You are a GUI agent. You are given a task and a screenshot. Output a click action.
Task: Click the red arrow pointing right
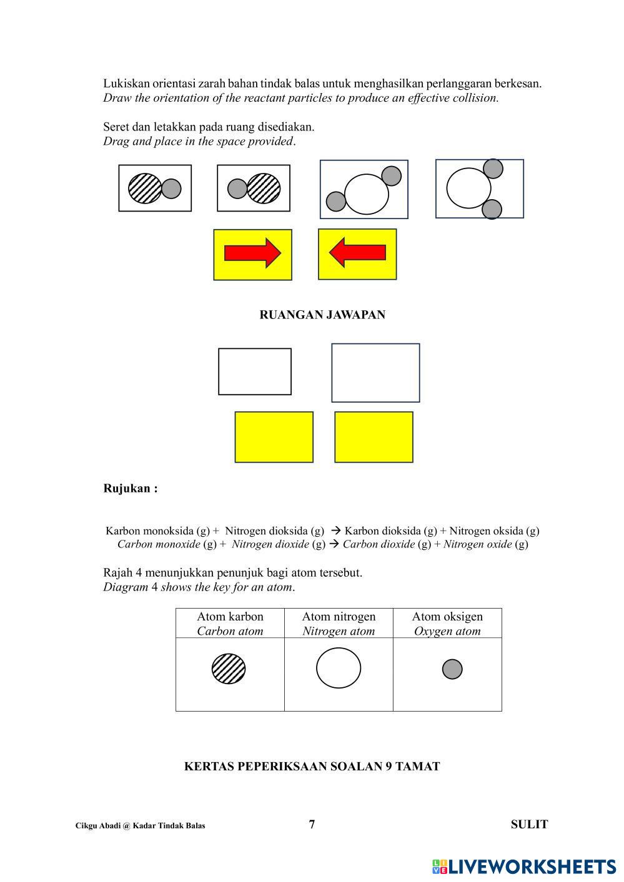click(252, 253)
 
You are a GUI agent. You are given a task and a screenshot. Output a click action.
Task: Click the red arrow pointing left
click(357, 253)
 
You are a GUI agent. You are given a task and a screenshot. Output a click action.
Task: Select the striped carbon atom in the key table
click(229, 669)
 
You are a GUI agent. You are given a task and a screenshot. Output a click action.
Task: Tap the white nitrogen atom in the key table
click(339, 668)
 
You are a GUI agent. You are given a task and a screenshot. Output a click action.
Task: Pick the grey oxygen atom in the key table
click(452, 669)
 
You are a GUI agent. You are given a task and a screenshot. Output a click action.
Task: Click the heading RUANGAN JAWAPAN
click(322, 315)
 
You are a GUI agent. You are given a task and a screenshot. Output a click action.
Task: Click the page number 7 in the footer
click(312, 824)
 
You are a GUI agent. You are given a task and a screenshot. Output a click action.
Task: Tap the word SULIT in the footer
click(529, 824)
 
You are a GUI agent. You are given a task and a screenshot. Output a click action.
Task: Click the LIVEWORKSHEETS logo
click(523, 866)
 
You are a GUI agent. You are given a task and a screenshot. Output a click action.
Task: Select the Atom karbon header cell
click(230, 623)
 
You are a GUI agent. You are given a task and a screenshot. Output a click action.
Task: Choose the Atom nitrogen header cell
click(339, 623)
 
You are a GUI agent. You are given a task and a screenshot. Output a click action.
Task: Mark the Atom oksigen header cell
click(447, 623)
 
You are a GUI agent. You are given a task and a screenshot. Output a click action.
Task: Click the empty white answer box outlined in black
click(255, 371)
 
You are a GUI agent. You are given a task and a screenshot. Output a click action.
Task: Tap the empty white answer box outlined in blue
click(375, 373)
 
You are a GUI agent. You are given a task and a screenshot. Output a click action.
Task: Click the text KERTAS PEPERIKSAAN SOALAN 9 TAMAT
click(312, 767)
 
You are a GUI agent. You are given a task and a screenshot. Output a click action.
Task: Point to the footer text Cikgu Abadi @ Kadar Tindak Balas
click(140, 825)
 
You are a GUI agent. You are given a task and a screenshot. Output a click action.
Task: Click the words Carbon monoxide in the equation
click(159, 544)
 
